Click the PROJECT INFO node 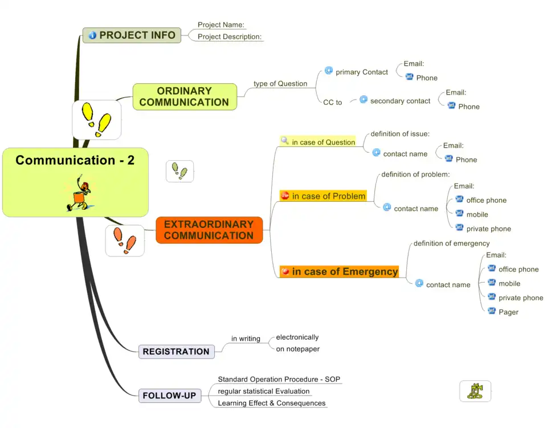132,35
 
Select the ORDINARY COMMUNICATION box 185,97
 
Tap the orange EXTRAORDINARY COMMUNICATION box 209,230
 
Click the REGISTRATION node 176,352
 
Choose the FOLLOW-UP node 169,396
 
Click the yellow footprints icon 96,120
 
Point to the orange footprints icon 125,241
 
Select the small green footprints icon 179,171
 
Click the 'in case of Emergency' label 344,272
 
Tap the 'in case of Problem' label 328,196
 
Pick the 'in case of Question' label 323,142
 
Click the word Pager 508,312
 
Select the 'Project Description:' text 229,37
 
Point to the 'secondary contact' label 400,101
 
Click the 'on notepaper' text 297,349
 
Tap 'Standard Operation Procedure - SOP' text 279,379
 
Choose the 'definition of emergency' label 451,243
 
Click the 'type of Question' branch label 280,84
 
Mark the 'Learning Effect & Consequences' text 271,403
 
